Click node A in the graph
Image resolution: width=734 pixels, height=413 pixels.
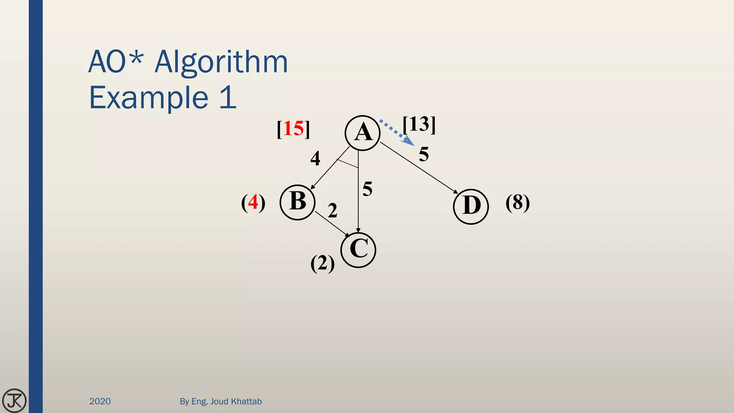click(362, 133)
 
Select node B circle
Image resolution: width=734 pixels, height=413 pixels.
click(297, 202)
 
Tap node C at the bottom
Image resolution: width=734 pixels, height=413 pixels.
click(358, 250)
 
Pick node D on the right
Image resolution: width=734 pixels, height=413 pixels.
click(471, 206)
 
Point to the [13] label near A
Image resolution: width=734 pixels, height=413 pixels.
click(419, 124)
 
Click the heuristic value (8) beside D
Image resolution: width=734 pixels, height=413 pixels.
click(518, 203)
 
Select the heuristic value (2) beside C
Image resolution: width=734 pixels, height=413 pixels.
click(323, 264)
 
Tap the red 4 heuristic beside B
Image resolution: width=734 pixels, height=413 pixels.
click(253, 202)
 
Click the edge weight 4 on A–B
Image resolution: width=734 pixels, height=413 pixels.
click(315, 158)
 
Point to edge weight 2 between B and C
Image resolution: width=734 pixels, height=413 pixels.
click(333, 210)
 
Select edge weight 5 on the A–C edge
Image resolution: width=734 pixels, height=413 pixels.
click(367, 189)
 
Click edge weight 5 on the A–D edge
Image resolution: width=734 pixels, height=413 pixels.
click(424, 155)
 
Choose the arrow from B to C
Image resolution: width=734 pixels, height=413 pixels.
click(332, 224)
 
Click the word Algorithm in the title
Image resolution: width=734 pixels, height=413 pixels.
click(221, 62)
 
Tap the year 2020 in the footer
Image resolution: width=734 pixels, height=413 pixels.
click(100, 401)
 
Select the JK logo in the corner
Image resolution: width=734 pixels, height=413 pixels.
click(14, 400)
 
